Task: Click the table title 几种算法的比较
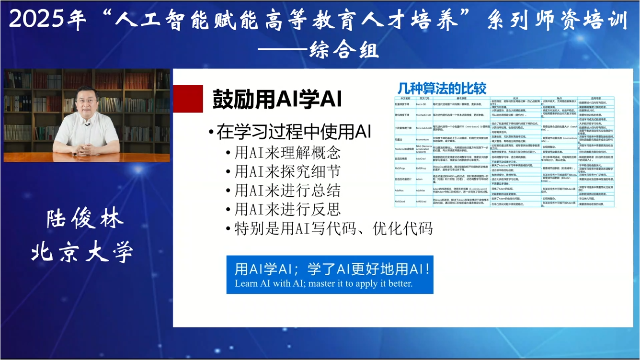442,89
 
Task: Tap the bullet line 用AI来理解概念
287,153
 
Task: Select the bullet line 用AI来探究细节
287,171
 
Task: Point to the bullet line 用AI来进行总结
287,191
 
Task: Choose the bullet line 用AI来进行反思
287,209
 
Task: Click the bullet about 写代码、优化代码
333,228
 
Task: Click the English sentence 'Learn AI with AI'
323,283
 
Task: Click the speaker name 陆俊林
85,219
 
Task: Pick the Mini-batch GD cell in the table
423,128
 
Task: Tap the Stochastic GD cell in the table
423,115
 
